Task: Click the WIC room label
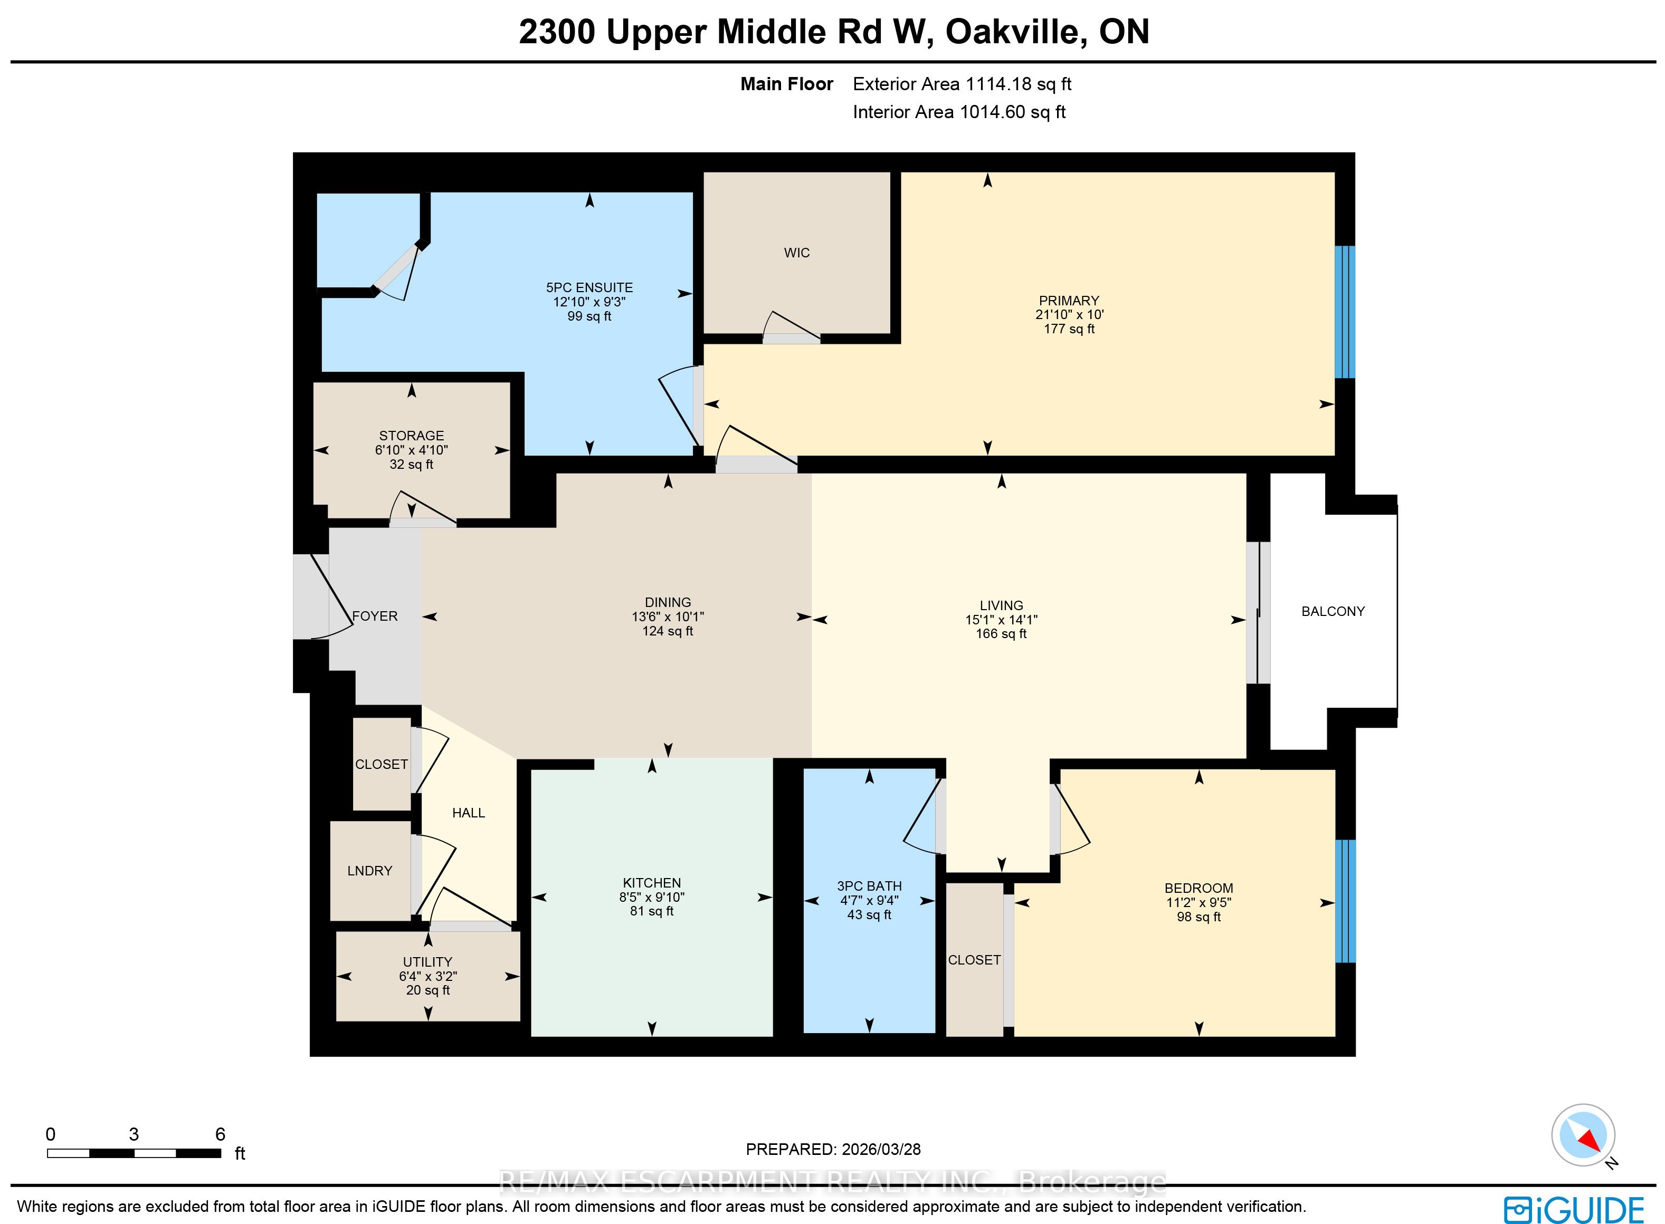(x=797, y=253)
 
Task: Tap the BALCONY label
(x=1333, y=611)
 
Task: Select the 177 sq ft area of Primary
(x=1069, y=329)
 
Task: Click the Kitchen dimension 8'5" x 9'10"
(x=652, y=897)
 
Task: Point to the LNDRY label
(x=370, y=871)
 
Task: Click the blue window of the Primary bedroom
(x=1345, y=312)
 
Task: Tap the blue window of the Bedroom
(x=1345, y=901)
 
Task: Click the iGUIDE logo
(x=1573, y=1210)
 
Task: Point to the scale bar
(x=134, y=1153)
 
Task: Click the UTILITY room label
(x=428, y=962)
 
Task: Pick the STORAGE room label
(x=412, y=436)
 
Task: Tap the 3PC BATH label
(x=870, y=886)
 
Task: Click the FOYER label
(x=375, y=616)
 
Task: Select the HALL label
(x=469, y=813)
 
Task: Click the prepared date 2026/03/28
(x=881, y=1149)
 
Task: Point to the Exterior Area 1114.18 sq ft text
(x=962, y=84)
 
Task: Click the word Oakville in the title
(x=1015, y=32)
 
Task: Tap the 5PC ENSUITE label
(x=589, y=287)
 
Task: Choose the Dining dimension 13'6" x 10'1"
(x=668, y=616)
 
